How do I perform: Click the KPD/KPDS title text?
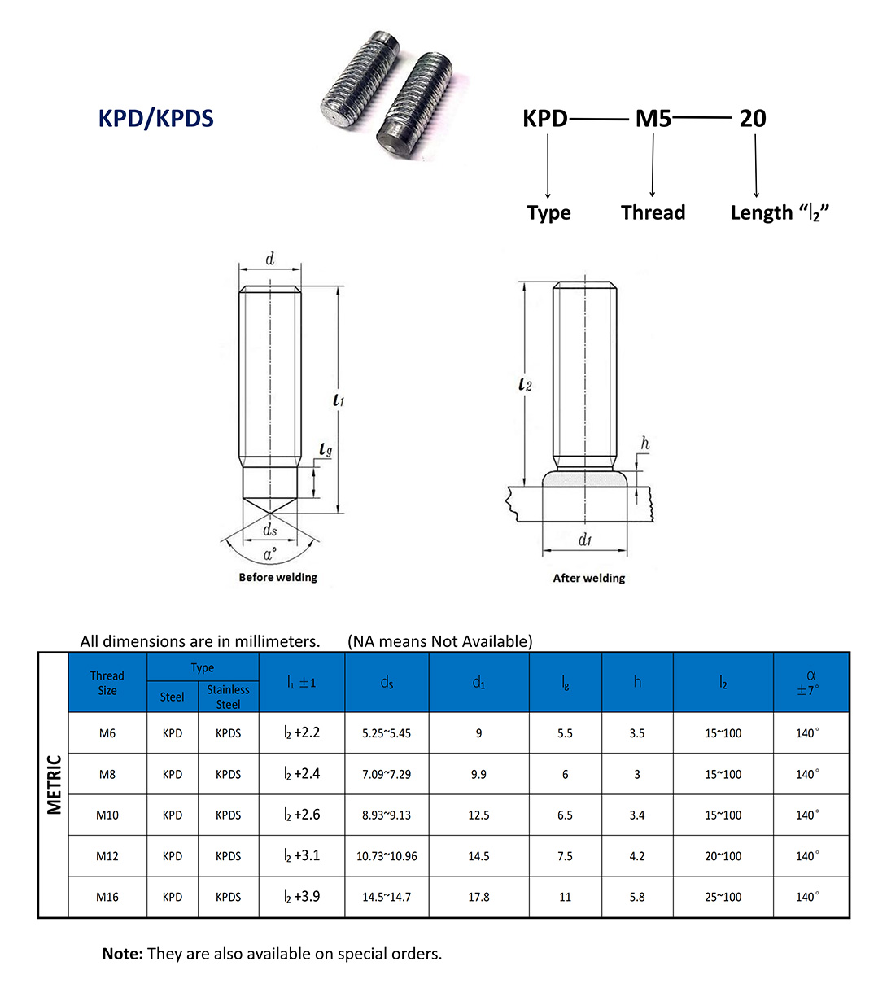click(155, 119)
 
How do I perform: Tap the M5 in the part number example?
click(653, 119)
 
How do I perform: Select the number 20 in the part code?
click(752, 119)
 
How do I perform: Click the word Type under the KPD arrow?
click(548, 213)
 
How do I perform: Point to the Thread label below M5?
click(653, 213)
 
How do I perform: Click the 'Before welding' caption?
click(277, 577)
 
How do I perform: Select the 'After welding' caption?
click(589, 578)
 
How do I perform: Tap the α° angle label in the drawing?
click(269, 554)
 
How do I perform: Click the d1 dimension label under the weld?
click(584, 540)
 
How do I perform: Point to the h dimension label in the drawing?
click(644, 444)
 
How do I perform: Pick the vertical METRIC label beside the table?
click(54, 785)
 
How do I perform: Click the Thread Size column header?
click(107, 683)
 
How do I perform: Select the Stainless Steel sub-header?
click(228, 697)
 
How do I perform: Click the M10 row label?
click(107, 815)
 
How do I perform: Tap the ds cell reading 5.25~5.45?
click(387, 733)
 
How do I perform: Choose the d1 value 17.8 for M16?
click(478, 897)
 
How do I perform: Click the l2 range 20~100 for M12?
click(723, 856)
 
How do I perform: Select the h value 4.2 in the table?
click(637, 856)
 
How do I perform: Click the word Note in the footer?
click(122, 954)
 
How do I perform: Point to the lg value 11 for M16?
click(565, 897)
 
